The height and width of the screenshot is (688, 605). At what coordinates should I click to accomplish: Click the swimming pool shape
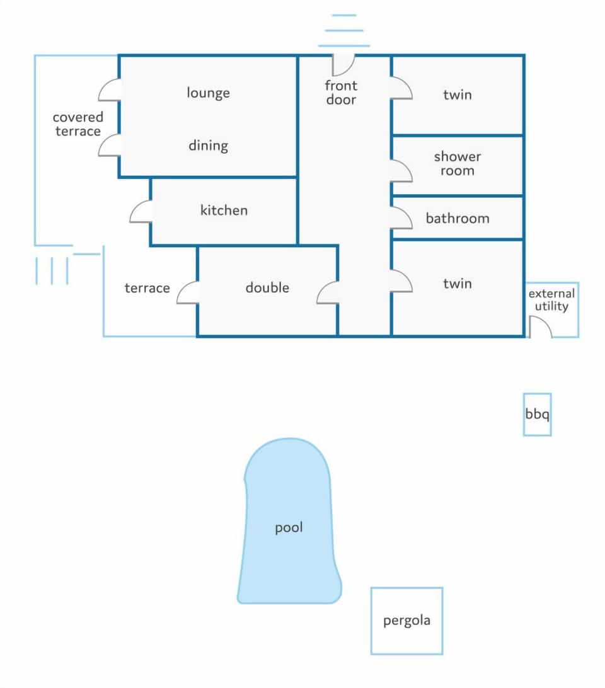(289, 521)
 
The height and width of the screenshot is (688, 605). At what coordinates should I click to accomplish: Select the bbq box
(537, 414)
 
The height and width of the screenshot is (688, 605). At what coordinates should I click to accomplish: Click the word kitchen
(224, 210)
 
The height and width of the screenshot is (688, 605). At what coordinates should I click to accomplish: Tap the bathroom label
(458, 218)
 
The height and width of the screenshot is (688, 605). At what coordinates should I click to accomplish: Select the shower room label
(458, 163)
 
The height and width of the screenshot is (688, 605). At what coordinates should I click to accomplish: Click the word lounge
(208, 93)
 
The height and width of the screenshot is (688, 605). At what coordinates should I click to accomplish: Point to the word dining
(208, 146)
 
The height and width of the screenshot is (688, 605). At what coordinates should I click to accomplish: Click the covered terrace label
(78, 124)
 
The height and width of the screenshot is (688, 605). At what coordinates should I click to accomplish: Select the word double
(267, 288)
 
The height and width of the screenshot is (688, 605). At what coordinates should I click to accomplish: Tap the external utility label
(551, 300)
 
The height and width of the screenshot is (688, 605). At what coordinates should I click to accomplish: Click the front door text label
(341, 93)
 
